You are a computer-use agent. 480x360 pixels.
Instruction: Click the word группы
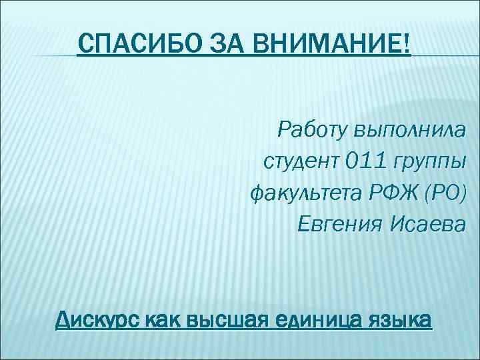coord(427,162)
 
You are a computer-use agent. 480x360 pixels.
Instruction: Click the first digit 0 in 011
coord(351,161)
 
